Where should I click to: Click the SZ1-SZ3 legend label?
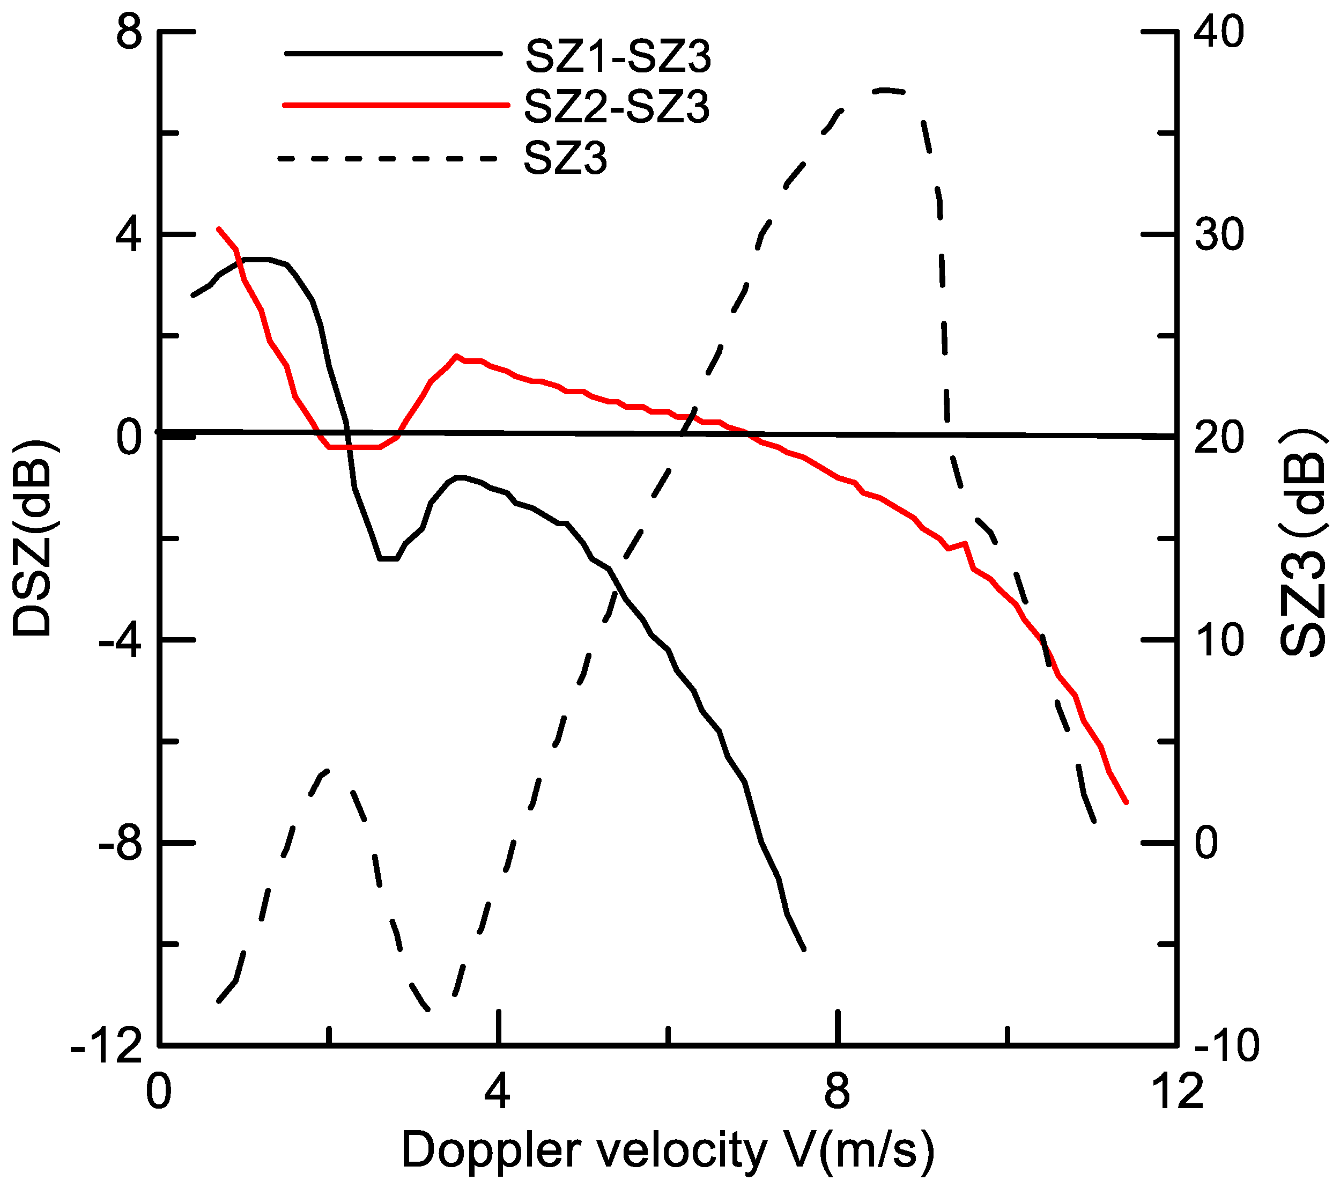tap(618, 56)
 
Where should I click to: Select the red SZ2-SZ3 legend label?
tap(616, 107)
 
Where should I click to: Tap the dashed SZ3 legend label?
tap(565, 158)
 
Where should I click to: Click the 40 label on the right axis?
tap(1219, 32)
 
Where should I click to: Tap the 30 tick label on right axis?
tap(1219, 235)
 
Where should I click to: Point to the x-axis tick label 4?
tap(498, 1093)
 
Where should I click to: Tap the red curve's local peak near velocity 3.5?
tap(456, 356)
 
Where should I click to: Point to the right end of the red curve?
tap(1126, 802)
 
